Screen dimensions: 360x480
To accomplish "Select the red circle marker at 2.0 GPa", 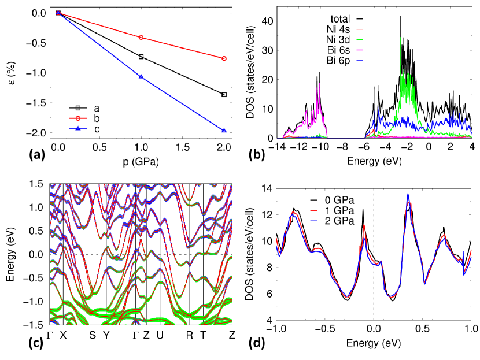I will click(224, 58).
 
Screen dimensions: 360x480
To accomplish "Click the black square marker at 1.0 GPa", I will click(141, 57).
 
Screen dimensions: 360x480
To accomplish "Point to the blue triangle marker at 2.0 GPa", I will click(224, 131).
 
